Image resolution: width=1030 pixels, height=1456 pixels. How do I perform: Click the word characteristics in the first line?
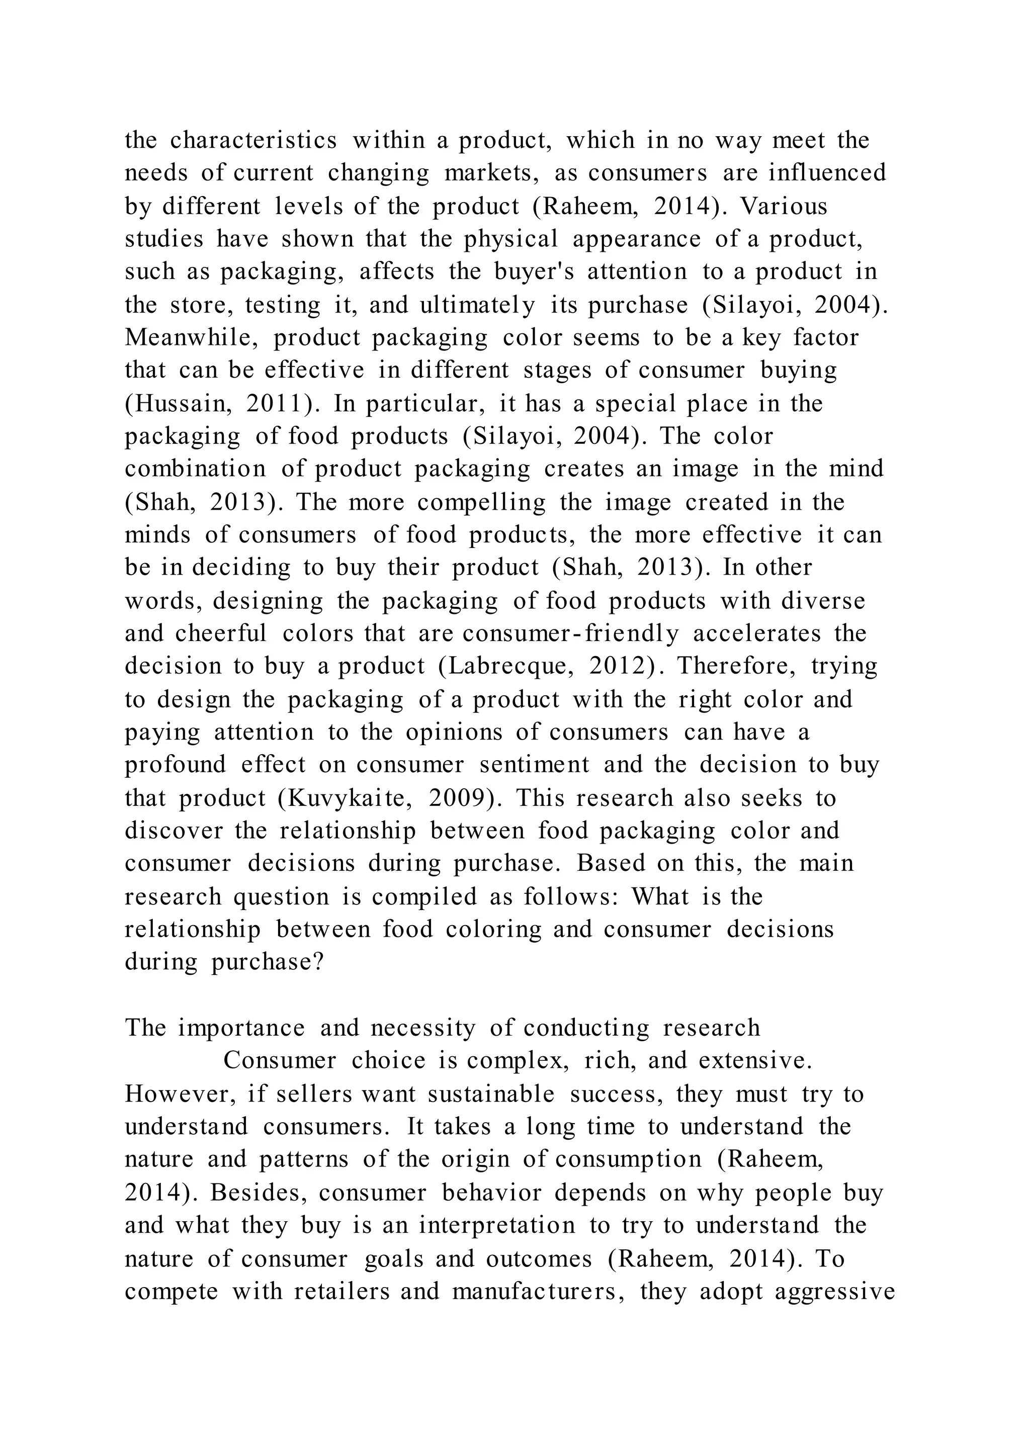[253, 140]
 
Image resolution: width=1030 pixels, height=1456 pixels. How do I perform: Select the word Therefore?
[736, 666]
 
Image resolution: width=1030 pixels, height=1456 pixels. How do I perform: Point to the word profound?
[175, 765]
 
